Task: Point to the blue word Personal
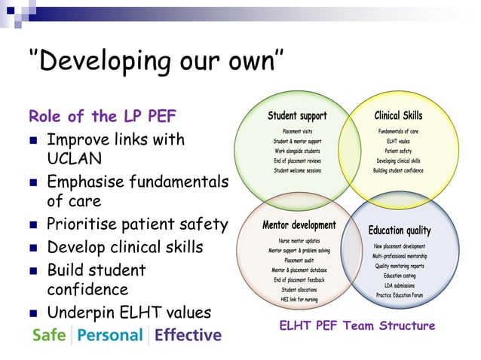[110, 334]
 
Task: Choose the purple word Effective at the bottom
[188, 334]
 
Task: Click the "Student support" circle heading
[297, 116]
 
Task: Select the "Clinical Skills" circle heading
[398, 116]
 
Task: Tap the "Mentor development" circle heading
[299, 225]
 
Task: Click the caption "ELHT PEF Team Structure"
[357, 325]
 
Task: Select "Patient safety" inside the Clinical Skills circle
[399, 151]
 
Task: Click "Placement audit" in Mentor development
[299, 260]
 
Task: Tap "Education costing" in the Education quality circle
[400, 276]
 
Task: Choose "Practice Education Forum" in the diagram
[401, 295]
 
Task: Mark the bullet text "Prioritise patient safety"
[136, 224]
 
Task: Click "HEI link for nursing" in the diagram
[299, 299]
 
